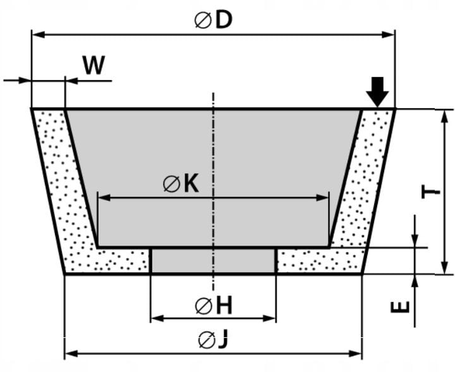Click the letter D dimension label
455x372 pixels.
pos(223,20)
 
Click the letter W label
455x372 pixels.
pos(94,65)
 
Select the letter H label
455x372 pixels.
pos(224,306)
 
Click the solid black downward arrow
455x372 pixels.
pos(377,92)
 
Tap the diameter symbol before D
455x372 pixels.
pos(202,21)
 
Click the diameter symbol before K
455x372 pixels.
pos(171,184)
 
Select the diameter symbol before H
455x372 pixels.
pos(203,307)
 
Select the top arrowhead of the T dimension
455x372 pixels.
pos(445,114)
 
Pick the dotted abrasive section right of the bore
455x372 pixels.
pos(319,260)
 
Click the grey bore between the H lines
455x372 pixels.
pos(213,260)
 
